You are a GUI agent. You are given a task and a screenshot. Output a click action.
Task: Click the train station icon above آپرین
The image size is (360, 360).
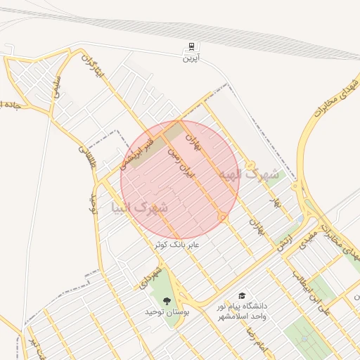click(191, 48)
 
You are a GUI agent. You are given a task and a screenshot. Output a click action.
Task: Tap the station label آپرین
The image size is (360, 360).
click(191, 59)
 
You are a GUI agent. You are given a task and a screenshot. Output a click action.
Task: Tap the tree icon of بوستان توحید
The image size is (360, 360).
click(167, 302)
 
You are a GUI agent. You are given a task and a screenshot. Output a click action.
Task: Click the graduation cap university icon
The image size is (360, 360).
click(243, 297)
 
